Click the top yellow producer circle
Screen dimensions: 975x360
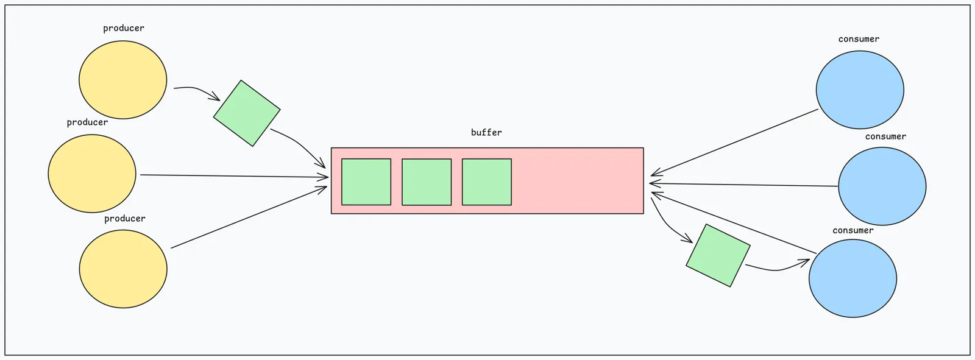122,80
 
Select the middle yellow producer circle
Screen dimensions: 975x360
92,173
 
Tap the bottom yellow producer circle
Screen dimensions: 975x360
123,269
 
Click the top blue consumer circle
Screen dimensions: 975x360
860,90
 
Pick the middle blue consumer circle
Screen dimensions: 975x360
882,186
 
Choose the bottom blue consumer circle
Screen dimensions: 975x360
853,278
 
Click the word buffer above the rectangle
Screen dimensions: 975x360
486,132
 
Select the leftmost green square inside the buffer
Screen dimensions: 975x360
366,182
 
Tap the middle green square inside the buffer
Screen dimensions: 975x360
427,182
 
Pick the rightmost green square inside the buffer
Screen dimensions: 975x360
487,182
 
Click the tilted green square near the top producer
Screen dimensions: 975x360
247,113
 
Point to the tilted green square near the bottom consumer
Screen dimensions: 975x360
718,255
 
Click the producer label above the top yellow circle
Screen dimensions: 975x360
124,28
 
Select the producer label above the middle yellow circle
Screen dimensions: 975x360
88,122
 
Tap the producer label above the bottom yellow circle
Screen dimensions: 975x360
125,219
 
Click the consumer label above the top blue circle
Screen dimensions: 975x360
859,39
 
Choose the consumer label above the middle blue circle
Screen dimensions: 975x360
886,136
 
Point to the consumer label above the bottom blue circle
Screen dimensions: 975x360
853,231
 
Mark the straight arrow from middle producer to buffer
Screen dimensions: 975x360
234,176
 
